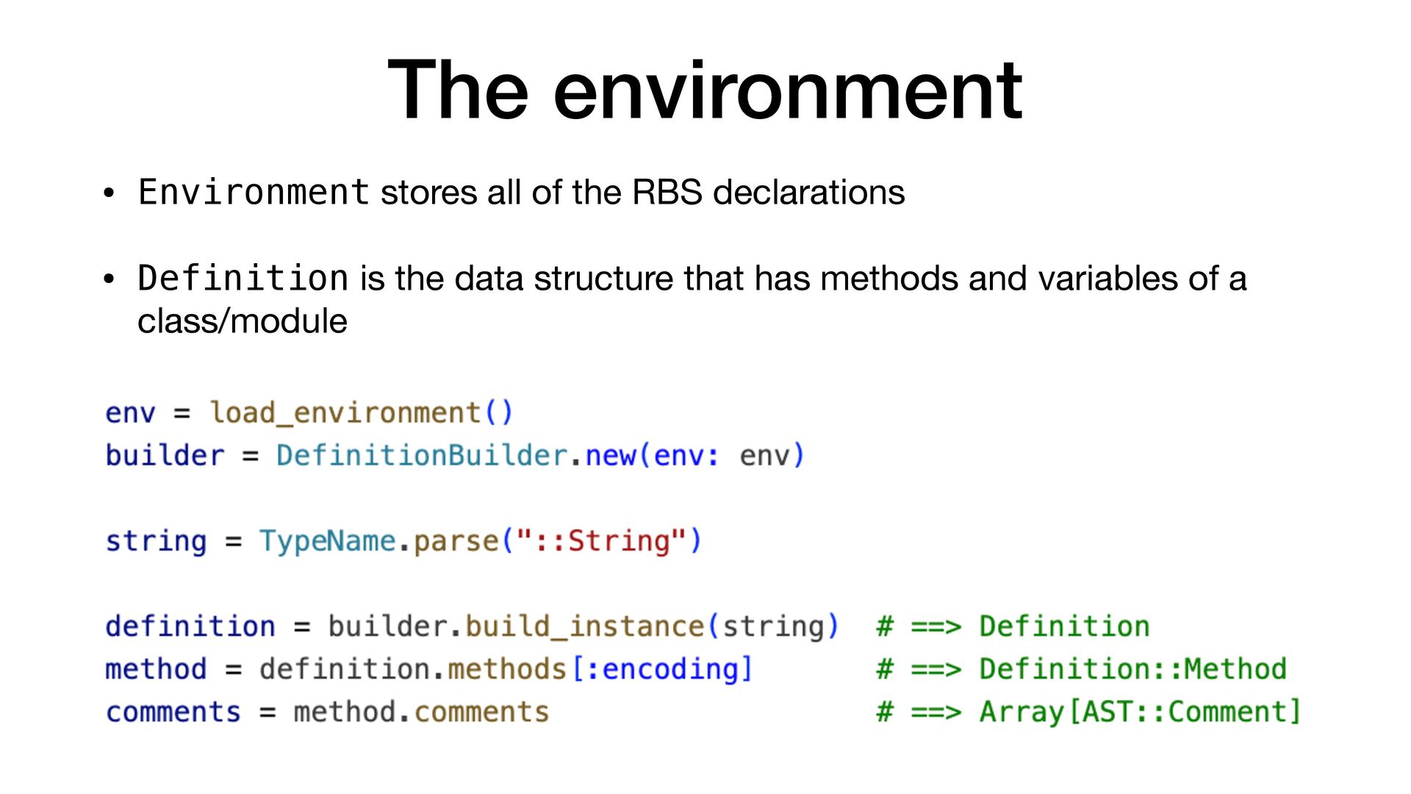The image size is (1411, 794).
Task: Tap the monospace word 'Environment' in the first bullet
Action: tap(254, 193)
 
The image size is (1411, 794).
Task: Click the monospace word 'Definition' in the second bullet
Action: tap(243, 279)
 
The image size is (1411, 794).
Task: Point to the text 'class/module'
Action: tap(242, 321)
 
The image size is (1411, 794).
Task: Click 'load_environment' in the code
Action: tap(345, 412)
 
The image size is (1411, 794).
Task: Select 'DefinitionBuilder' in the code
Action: tap(422, 456)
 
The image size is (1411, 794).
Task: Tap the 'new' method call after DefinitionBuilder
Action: tap(610, 456)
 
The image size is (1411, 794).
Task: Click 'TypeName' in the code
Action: tap(327, 541)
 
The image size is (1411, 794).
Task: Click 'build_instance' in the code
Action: tap(585, 626)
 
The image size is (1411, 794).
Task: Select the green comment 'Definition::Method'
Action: tap(1132, 669)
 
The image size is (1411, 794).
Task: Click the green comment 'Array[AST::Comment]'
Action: tap(1140, 712)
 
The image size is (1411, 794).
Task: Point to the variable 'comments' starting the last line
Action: tap(173, 712)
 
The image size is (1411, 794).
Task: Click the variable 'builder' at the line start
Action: tap(165, 456)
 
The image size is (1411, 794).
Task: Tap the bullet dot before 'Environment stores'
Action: tap(109, 194)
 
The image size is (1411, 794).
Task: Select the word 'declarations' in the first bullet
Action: tap(808, 193)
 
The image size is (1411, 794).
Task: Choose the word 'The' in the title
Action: tap(457, 91)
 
